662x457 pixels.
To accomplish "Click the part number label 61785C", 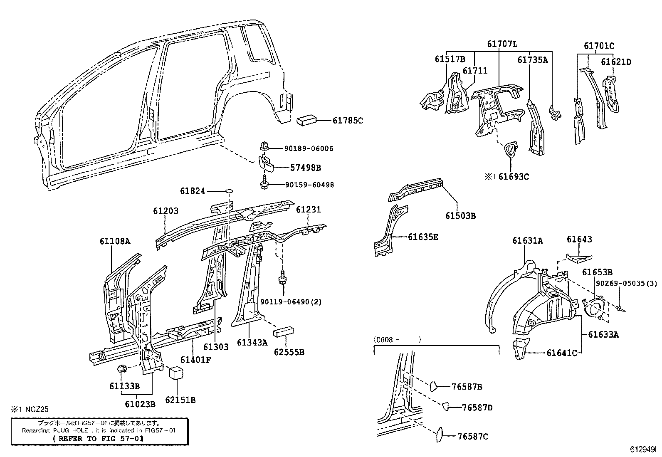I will coord(348,121).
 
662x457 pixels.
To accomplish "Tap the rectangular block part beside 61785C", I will coord(307,121).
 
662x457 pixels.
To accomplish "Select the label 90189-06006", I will coord(309,149).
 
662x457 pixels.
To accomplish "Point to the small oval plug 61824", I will coord(229,191).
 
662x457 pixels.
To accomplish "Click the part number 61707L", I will coord(502,44).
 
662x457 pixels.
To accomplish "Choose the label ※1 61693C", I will coord(506,177).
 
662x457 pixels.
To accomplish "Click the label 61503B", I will coord(460,216).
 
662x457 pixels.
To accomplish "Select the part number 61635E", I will coord(423,237).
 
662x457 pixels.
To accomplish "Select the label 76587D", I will coord(477,408).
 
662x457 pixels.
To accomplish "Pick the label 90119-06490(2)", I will coord(291,302).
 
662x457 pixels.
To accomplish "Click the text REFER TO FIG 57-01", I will coord(99,439).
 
